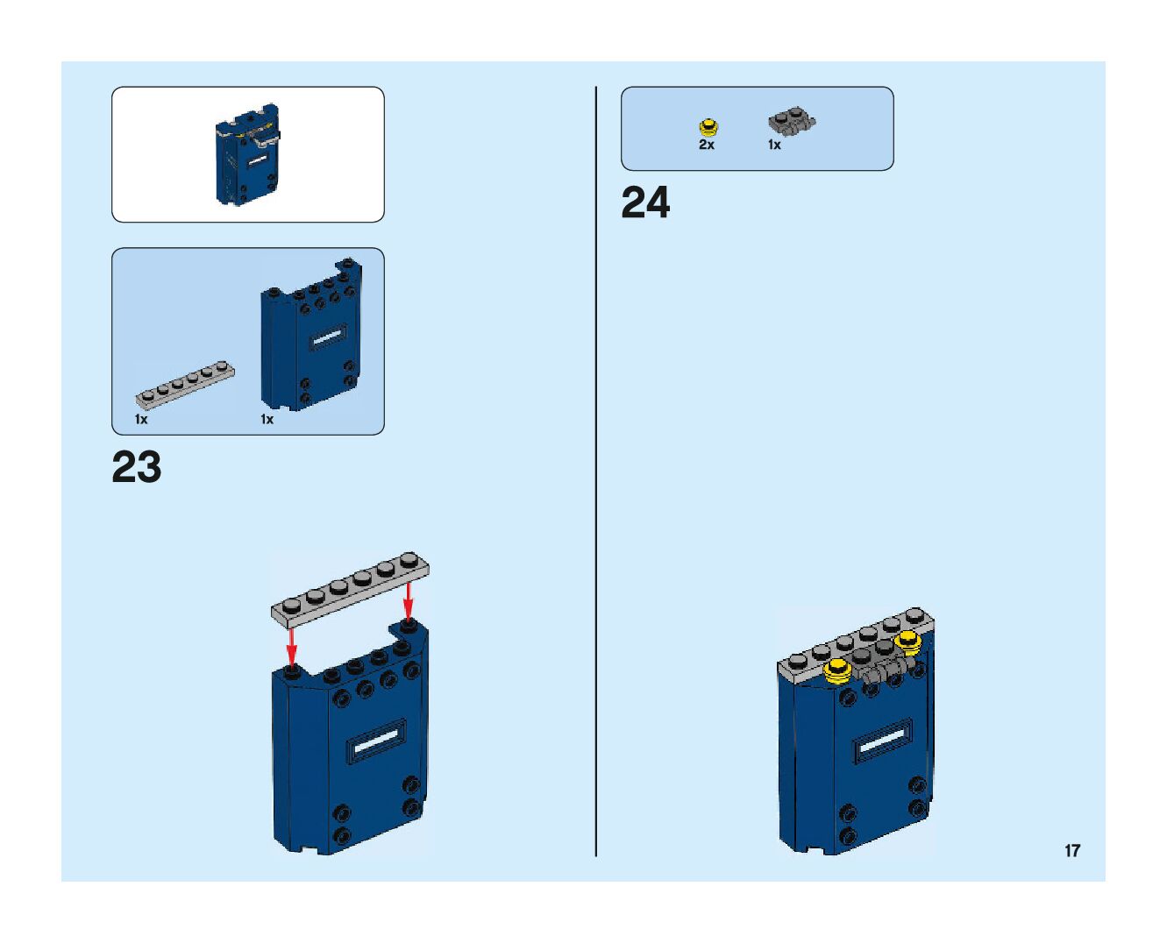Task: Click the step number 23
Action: click(x=137, y=468)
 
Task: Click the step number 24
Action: click(x=645, y=203)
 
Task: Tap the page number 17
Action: click(x=1071, y=850)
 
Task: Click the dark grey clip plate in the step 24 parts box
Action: click(x=793, y=121)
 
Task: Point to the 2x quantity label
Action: click(x=707, y=145)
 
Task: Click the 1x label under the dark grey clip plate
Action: click(x=774, y=145)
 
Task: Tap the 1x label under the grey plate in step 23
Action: click(x=141, y=420)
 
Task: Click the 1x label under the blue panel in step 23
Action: click(x=267, y=420)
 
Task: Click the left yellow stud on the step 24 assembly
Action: click(x=838, y=670)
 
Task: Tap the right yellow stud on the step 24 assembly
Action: click(x=907, y=641)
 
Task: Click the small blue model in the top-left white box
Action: click(x=248, y=153)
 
